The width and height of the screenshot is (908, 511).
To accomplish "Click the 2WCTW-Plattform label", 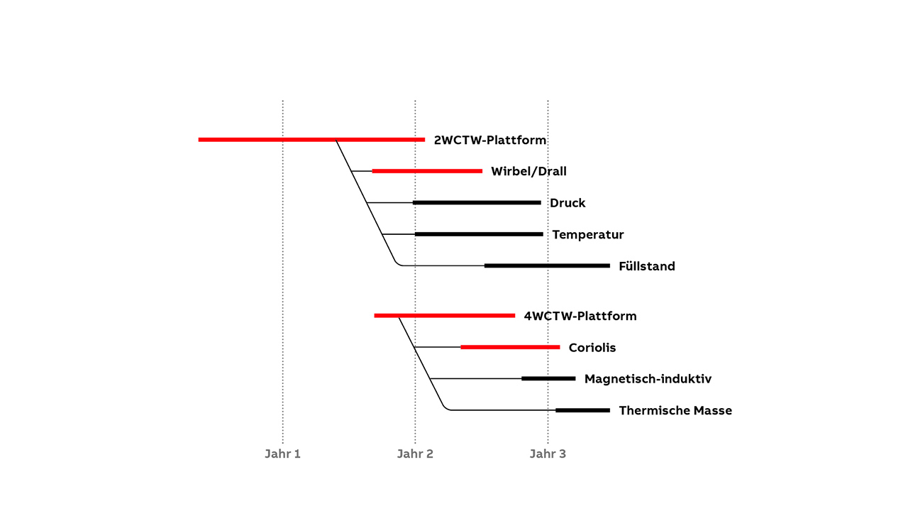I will click(x=489, y=140).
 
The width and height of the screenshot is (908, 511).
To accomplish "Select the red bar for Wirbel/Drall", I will click(x=427, y=171).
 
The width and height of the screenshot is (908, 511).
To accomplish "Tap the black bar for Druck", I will click(x=477, y=202).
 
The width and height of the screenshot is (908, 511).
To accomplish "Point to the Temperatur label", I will click(x=588, y=234).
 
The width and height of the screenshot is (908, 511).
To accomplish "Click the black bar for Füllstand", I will click(x=547, y=265).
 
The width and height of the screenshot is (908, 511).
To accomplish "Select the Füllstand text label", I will click(x=646, y=266).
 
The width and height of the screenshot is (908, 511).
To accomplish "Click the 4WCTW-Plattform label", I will click(x=580, y=316).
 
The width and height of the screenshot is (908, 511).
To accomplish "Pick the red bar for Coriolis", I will click(x=510, y=347).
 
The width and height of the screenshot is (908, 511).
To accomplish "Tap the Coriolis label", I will click(x=592, y=348).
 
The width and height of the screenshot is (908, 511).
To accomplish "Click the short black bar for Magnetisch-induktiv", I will click(x=548, y=378).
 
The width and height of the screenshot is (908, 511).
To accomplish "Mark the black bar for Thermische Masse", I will click(x=582, y=410).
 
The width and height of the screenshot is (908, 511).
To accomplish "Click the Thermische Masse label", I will click(x=675, y=410).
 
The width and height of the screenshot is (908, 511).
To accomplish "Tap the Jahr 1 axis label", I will click(x=282, y=454).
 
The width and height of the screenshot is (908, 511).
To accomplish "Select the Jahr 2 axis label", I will click(x=415, y=454).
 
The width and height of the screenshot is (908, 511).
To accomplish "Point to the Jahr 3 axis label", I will click(x=548, y=454).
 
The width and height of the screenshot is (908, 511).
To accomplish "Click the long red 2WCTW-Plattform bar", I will click(x=311, y=140).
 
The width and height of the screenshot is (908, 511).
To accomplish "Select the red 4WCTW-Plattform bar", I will click(x=444, y=315).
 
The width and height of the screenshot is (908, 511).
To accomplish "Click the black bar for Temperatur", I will click(x=479, y=234).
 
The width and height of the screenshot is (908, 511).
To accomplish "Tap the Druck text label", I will click(x=567, y=203).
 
